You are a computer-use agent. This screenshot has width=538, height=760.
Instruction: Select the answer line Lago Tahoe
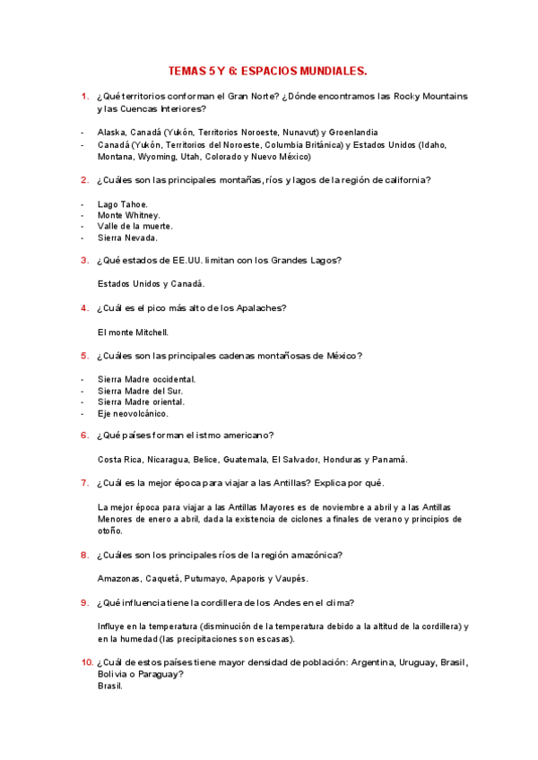pos(123,204)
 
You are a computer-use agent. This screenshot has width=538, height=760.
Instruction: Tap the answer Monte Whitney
pos(129,215)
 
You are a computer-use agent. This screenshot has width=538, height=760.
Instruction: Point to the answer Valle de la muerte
pos(135,227)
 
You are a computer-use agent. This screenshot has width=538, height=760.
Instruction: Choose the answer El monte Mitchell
pos(133,332)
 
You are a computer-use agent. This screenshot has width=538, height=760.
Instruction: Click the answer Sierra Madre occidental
pos(146,379)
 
